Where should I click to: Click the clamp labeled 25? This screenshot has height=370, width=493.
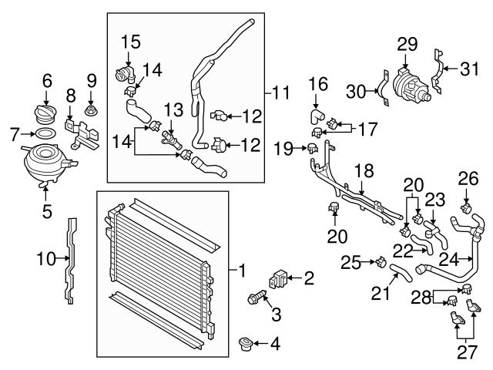point(379,262)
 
